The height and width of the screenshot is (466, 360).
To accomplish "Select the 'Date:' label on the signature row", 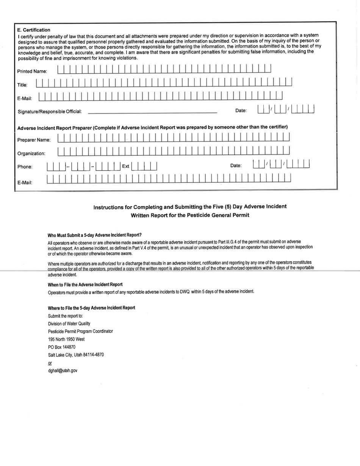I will coord(241,111).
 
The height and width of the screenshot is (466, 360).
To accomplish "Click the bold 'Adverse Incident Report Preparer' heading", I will coord(153,126).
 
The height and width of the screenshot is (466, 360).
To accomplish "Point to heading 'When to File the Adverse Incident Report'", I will coord(85,284).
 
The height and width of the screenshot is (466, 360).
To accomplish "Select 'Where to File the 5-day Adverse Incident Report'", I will coord(91,307).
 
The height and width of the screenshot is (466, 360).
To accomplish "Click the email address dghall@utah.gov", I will coord(63,370).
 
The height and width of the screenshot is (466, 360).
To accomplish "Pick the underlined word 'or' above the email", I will coord(50,363).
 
